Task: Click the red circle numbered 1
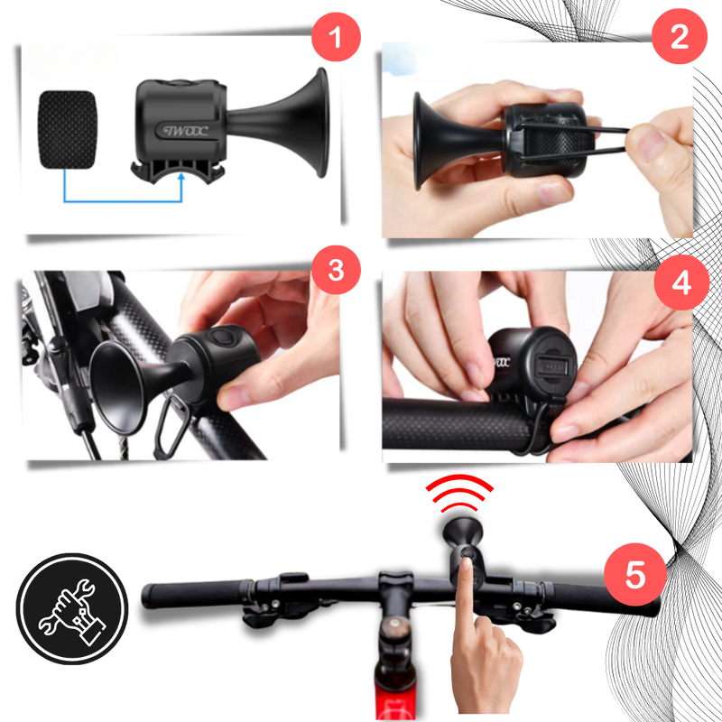point(337,39)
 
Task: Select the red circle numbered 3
point(336,270)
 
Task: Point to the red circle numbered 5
point(635,575)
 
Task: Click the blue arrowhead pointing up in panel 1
point(183,180)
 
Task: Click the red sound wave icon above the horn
point(459,493)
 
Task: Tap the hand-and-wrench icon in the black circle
point(73,608)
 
